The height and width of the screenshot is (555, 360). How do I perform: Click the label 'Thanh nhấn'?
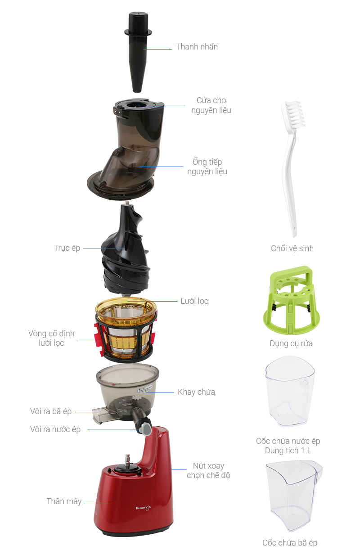click(x=197, y=46)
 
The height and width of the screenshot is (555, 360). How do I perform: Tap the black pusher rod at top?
click(x=138, y=52)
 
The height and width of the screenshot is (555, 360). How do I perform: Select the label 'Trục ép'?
click(x=67, y=248)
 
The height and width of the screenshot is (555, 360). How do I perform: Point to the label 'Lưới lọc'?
click(x=194, y=301)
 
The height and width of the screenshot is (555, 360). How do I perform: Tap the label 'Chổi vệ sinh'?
click(x=292, y=248)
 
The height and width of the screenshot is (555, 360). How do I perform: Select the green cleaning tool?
click(x=292, y=300)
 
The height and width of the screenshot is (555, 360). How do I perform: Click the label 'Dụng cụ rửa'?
click(x=291, y=343)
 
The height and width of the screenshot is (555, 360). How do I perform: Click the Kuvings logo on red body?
click(x=143, y=508)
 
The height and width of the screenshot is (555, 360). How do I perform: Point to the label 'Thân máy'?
click(x=64, y=501)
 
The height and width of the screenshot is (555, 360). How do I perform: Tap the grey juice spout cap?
click(x=146, y=429)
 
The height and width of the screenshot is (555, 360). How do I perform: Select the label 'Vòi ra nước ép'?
click(x=55, y=429)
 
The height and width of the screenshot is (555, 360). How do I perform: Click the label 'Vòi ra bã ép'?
click(x=51, y=411)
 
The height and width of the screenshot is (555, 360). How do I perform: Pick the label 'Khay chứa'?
click(x=196, y=392)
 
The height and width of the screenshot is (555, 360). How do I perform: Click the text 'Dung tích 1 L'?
click(x=288, y=451)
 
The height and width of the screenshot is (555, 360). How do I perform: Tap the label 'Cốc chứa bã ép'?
click(x=290, y=542)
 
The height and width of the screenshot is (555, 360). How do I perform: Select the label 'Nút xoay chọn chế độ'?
click(x=208, y=470)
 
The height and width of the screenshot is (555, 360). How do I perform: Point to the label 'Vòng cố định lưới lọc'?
click(x=51, y=338)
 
